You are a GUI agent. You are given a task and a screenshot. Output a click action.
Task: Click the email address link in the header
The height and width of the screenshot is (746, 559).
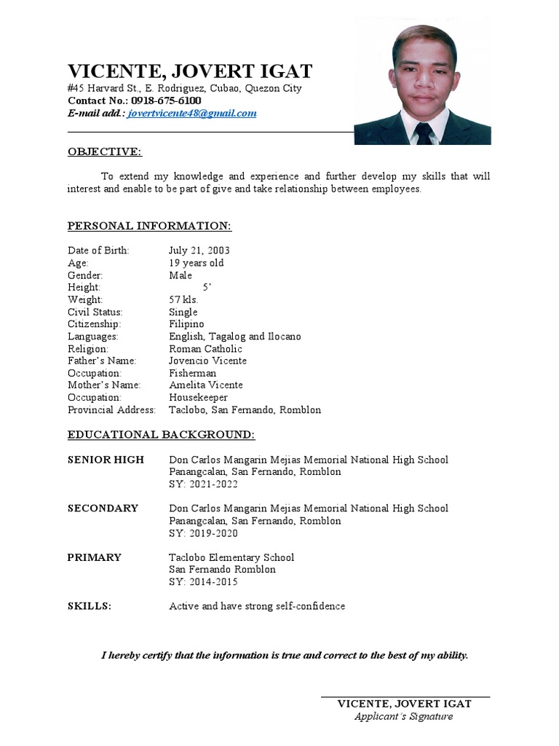coord(191,114)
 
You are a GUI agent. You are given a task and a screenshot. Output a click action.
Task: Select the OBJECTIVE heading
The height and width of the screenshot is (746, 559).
coord(105,152)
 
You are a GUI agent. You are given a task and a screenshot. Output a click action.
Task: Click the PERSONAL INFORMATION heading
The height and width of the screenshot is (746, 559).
coord(149,226)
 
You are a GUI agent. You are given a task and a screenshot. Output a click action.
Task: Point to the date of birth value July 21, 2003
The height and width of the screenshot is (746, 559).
coord(199,251)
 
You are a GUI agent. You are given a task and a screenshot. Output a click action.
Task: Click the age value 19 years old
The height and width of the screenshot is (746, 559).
coord(197,263)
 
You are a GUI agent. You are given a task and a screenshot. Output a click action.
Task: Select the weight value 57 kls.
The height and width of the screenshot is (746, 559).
coord(183,299)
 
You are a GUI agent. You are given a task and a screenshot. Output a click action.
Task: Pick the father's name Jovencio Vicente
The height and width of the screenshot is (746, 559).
coord(207,361)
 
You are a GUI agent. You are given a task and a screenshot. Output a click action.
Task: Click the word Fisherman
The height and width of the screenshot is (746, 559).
coord(192,373)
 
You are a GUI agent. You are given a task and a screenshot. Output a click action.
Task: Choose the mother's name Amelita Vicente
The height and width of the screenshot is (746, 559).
coord(206,385)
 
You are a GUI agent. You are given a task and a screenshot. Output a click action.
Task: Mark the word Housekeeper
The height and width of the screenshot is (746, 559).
coord(198,398)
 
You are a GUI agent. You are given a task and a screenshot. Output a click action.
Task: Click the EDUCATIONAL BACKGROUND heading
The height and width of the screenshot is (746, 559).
coord(161,435)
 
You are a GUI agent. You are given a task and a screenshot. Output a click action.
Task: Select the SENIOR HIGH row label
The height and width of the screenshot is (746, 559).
coord(106,460)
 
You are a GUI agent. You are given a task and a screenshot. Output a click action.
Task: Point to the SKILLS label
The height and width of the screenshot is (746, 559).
coord(90,606)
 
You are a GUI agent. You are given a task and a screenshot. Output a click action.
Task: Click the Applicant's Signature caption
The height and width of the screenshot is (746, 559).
coord(403,716)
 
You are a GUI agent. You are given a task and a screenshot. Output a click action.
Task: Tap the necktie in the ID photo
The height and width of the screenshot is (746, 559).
coord(424,133)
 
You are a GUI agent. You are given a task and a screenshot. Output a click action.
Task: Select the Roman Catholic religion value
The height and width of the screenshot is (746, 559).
coord(205,349)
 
